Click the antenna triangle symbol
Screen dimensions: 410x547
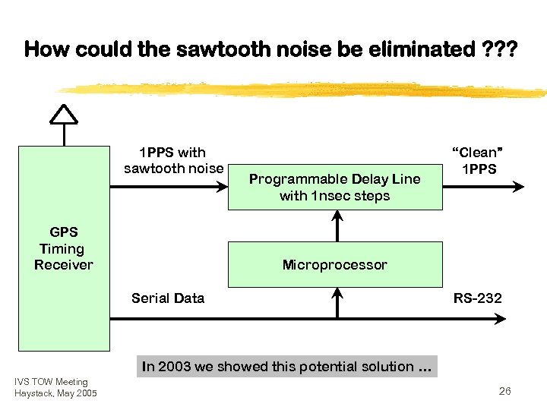coord(64,113)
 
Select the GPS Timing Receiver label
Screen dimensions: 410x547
coord(63,248)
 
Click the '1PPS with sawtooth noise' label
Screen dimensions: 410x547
coord(174,160)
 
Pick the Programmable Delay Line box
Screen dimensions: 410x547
coord(334,188)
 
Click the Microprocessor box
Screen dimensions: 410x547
coord(334,264)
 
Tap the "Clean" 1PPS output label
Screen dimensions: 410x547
coord(477,160)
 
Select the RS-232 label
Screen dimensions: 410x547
coord(477,298)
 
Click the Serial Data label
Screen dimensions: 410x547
coord(168,298)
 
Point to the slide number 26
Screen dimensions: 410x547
coord(504,392)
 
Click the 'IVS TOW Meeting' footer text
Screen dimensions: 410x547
coord(50,382)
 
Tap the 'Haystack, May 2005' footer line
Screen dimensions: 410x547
coord(55,393)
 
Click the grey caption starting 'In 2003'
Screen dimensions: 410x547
coord(287,367)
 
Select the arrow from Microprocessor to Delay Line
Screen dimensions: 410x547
coord(339,226)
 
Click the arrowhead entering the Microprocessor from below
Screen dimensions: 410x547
coord(339,293)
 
